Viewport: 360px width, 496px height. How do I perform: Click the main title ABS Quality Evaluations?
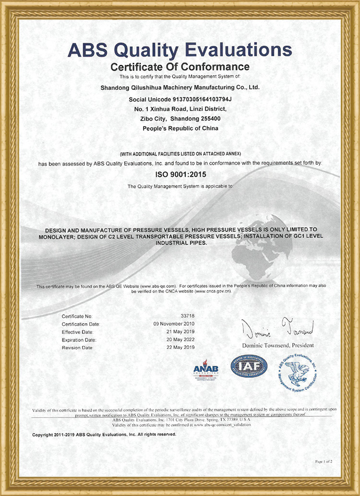180,50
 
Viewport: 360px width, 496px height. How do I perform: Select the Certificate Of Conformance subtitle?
180,66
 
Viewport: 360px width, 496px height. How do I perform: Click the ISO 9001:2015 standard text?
180,175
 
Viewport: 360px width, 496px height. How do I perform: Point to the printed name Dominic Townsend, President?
277,345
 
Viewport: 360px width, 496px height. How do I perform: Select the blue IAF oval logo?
249,366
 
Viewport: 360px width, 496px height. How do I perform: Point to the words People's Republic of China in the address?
180,128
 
